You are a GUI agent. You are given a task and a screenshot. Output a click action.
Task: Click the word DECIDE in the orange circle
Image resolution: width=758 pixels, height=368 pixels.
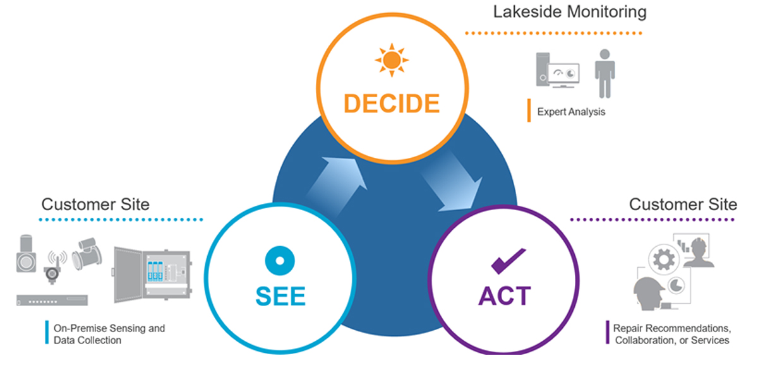point(392,102)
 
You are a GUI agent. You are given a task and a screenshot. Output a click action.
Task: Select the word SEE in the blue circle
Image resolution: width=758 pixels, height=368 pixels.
point(280,295)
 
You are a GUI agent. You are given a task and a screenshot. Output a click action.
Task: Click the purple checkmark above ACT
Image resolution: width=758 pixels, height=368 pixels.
point(507,261)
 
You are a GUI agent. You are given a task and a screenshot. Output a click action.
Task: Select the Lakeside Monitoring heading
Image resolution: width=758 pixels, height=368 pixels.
point(570,12)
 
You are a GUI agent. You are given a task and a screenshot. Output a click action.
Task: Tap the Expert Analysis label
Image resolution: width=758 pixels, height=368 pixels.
point(571,112)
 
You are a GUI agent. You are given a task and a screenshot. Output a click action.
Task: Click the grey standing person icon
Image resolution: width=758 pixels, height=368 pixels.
point(605,73)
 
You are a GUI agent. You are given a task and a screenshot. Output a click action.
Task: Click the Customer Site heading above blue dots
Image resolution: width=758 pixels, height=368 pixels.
point(95,204)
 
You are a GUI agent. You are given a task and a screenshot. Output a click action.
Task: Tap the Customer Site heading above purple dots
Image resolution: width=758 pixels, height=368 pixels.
point(683,204)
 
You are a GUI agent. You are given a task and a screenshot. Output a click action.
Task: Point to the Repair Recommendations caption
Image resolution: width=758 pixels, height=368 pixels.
point(671,335)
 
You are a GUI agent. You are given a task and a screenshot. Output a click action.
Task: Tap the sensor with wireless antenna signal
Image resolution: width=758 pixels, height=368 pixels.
point(56,264)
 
